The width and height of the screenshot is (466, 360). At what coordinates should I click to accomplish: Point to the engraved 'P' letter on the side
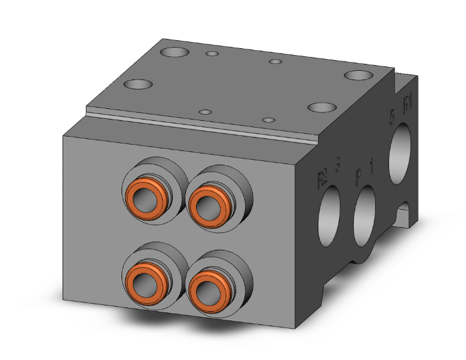point(358,175)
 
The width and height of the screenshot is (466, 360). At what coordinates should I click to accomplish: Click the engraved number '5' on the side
point(392,116)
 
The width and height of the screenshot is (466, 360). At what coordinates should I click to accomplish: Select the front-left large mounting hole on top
point(138,84)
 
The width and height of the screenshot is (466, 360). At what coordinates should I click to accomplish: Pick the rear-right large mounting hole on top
point(358,76)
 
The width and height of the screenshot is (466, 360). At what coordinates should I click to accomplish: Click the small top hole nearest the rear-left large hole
point(213,54)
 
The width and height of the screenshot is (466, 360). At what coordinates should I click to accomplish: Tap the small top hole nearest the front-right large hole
point(268,119)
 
